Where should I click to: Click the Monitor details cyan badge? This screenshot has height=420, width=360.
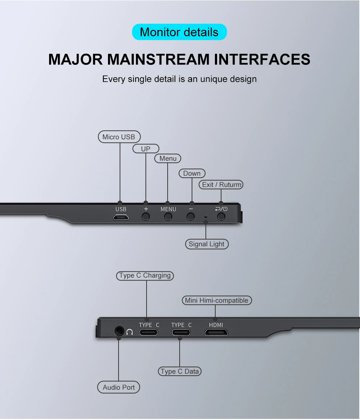[179, 32]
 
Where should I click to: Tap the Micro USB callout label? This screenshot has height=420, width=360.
[119, 137]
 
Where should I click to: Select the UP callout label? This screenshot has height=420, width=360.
[145, 148]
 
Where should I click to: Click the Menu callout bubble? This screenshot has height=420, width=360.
[168, 158]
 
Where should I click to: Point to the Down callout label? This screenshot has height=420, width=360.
[192, 173]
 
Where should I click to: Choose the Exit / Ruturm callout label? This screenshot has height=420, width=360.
[221, 185]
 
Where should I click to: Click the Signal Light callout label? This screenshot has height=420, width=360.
[207, 244]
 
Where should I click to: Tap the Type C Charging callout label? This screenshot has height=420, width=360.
[145, 276]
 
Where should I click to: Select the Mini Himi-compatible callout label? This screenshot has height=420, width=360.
[216, 300]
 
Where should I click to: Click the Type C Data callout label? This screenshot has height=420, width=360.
[180, 371]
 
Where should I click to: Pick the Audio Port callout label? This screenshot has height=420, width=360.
[119, 387]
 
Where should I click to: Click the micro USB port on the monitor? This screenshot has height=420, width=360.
[121, 217]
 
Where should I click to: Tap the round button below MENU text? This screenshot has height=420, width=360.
[168, 217]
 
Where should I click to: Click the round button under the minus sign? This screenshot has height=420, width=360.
[190, 217]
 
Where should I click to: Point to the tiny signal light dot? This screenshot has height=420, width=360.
[206, 217]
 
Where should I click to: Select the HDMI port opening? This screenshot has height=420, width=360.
[216, 332]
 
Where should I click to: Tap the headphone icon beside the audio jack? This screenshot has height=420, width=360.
[130, 332]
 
